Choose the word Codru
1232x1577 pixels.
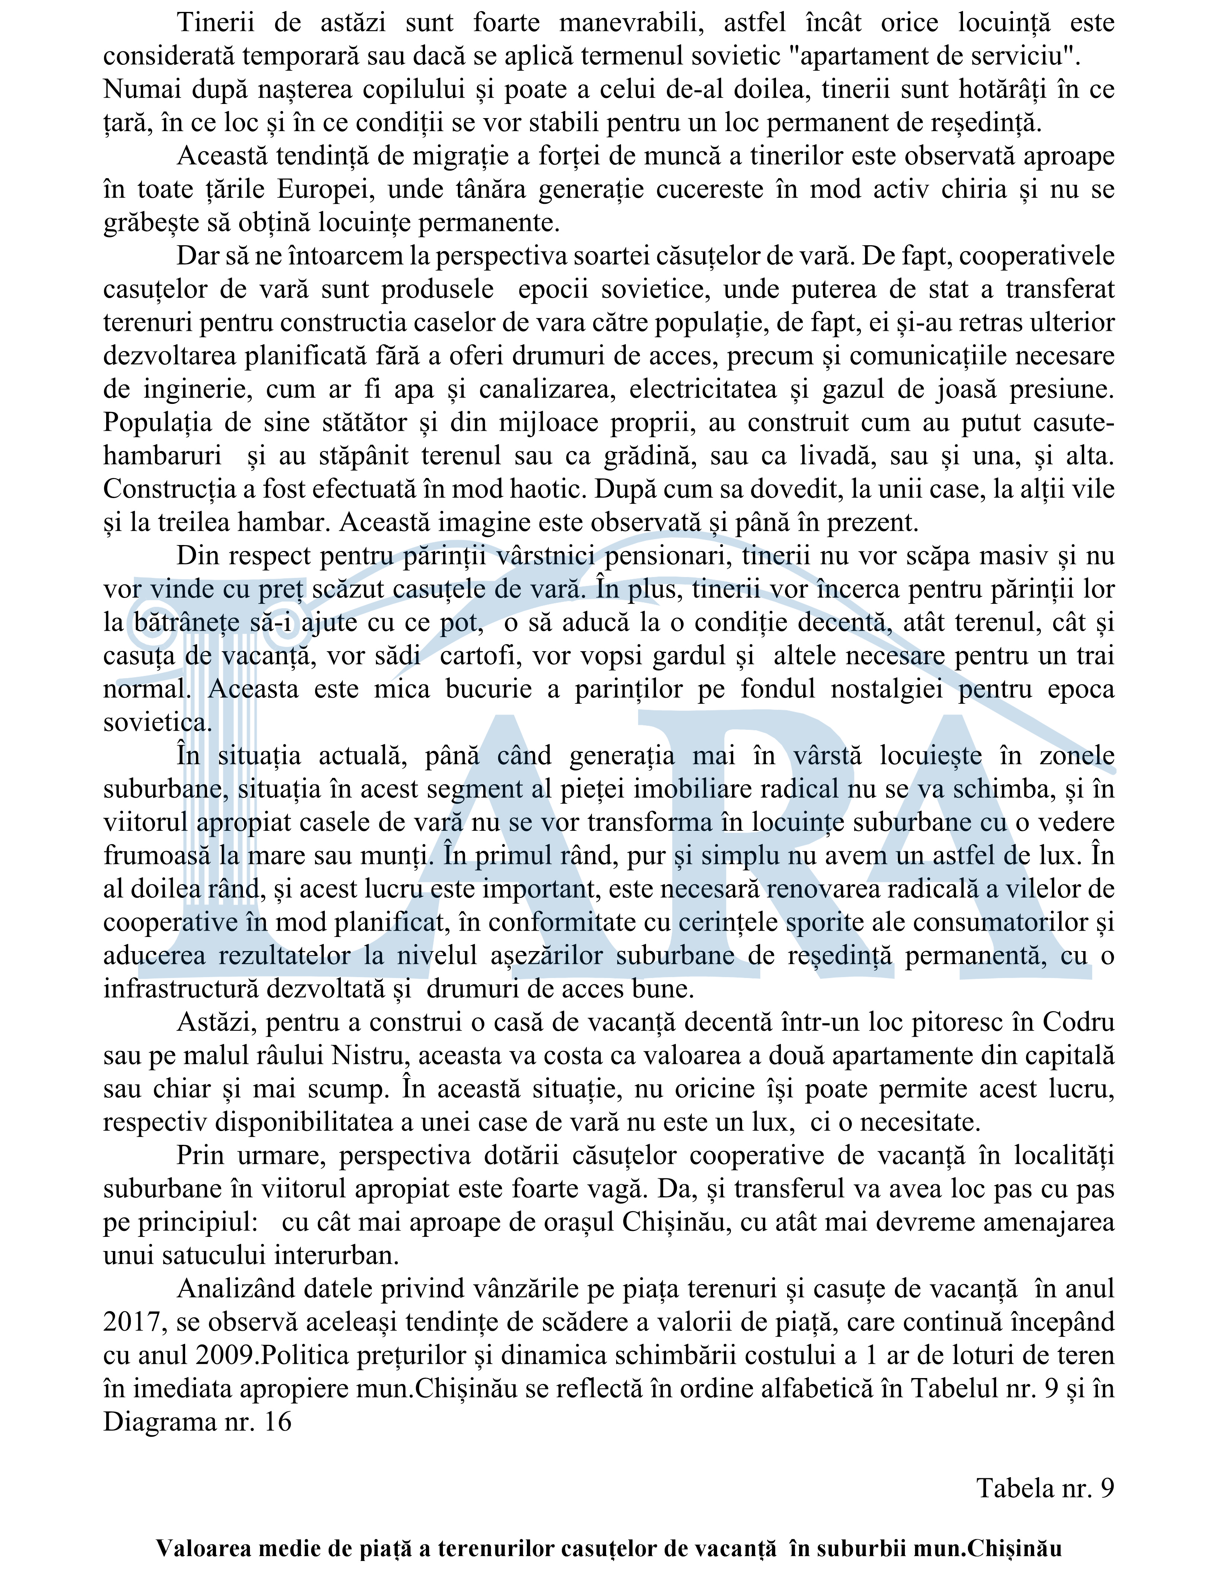(1080, 1022)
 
